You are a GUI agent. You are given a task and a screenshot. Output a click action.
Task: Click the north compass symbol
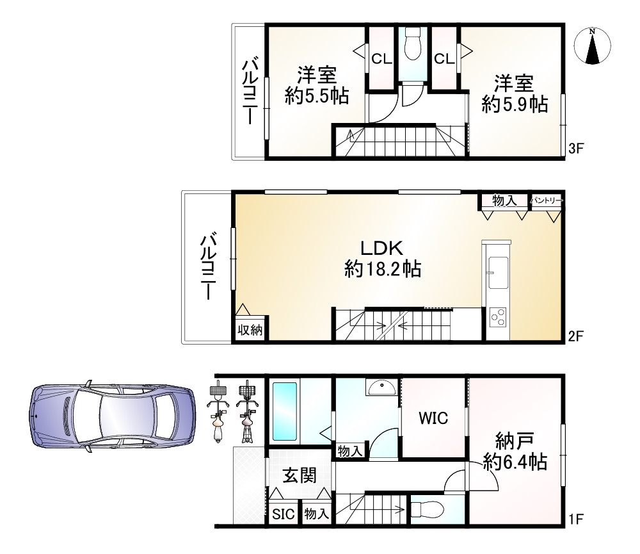pyautogui.click(x=592, y=45)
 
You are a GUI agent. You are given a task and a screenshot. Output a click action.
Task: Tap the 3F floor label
pyautogui.click(x=576, y=149)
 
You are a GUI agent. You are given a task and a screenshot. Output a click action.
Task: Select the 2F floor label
pyautogui.click(x=576, y=336)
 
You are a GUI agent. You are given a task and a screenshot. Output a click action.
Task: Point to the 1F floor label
pyautogui.click(x=575, y=519)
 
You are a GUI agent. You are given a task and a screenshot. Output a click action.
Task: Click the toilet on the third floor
pyautogui.click(x=413, y=45)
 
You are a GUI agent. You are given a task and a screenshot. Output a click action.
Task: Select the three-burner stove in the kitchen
pyautogui.click(x=497, y=317)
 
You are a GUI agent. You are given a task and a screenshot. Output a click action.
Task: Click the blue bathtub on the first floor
pyautogui.click(x=285, y=411)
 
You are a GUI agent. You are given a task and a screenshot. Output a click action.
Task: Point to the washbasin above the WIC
pyautogui.click(x=381, y=387)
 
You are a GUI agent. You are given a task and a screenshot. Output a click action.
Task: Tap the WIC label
pyautogui.click(x=433, y=418)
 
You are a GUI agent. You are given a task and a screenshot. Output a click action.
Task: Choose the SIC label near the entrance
pyautogui.click(x=284, y=514)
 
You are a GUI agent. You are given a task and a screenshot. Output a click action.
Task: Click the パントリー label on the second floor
pyautogui.click(x=546, y=200)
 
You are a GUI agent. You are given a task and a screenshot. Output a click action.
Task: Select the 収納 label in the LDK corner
pyautogui.click(x=250, y=329)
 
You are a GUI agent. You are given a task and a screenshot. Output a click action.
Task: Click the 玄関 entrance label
pyautogui.click(x=300, y=476)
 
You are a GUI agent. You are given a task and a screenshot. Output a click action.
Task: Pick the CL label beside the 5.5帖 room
pyautogui.click(x=381, y=59)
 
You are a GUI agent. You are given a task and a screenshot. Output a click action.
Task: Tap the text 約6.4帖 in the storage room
pyautogui.click(x=515, y=462)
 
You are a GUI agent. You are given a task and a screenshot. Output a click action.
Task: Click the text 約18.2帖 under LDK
pyautogui.click(x=383, y=269)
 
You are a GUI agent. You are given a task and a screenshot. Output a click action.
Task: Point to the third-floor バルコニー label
pyautogui.click(x=250, y=92)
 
